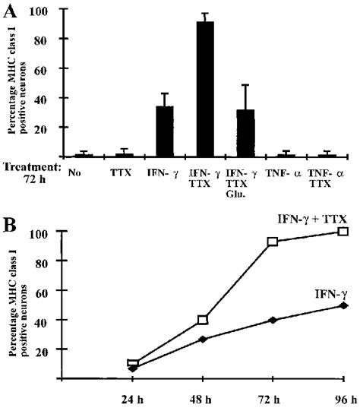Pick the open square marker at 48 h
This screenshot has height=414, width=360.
[x=203, y=320]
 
